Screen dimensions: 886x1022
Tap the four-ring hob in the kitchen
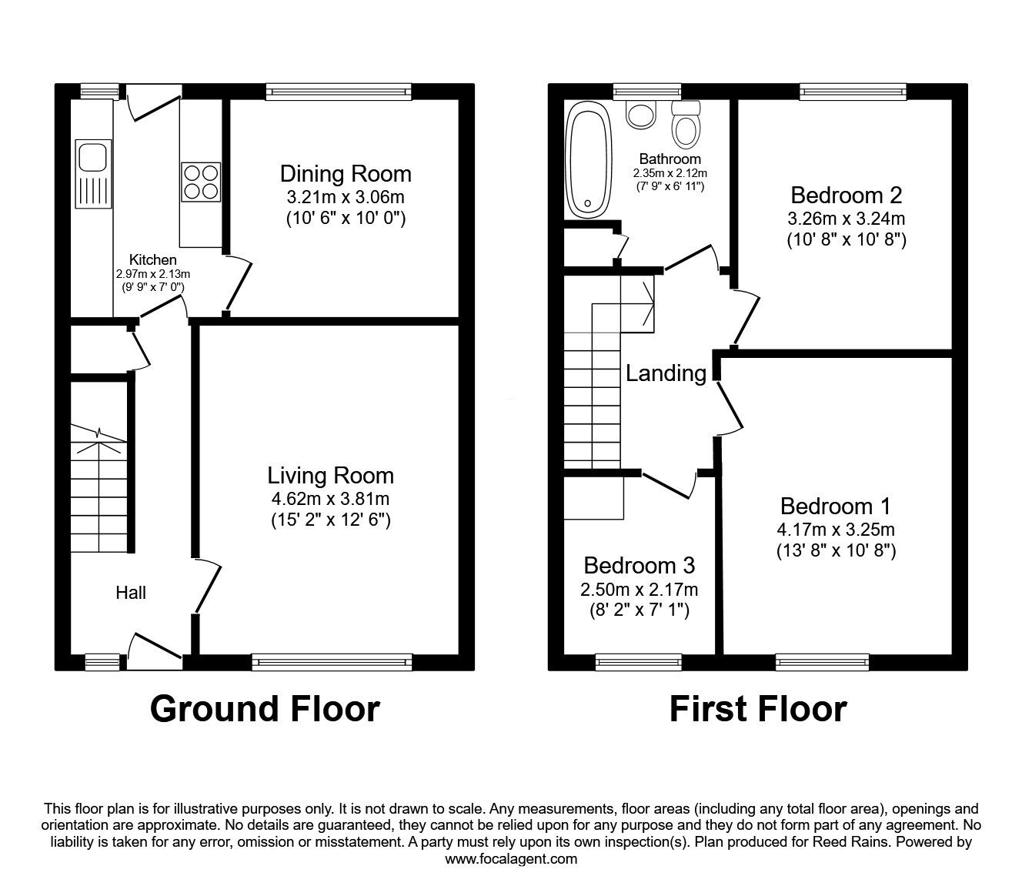pos(201,181)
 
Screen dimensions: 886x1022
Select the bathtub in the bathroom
pos(588,159)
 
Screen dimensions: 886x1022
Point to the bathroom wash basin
pos(640,114)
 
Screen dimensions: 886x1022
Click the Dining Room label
pos(346,173)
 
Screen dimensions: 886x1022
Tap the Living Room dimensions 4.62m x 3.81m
pos(330,499)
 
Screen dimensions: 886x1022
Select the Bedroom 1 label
pos(835,507)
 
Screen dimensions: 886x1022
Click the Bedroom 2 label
pos(846,196)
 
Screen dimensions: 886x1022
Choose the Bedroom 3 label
pos(639,566)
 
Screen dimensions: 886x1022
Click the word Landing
pos(666,374)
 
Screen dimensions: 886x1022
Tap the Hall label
pos(131,593)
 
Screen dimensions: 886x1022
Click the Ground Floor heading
pos(265,709)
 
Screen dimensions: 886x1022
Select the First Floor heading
pos(758,709)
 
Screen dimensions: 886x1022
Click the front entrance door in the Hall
pos(155,648)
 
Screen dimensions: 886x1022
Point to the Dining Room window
pos(339,92)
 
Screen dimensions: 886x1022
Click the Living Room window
pos(332,660)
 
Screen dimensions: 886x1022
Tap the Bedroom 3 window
pos(639,660)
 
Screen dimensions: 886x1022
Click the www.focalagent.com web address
pos(511,859)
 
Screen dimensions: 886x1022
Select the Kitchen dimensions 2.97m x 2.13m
pos(152,274)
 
